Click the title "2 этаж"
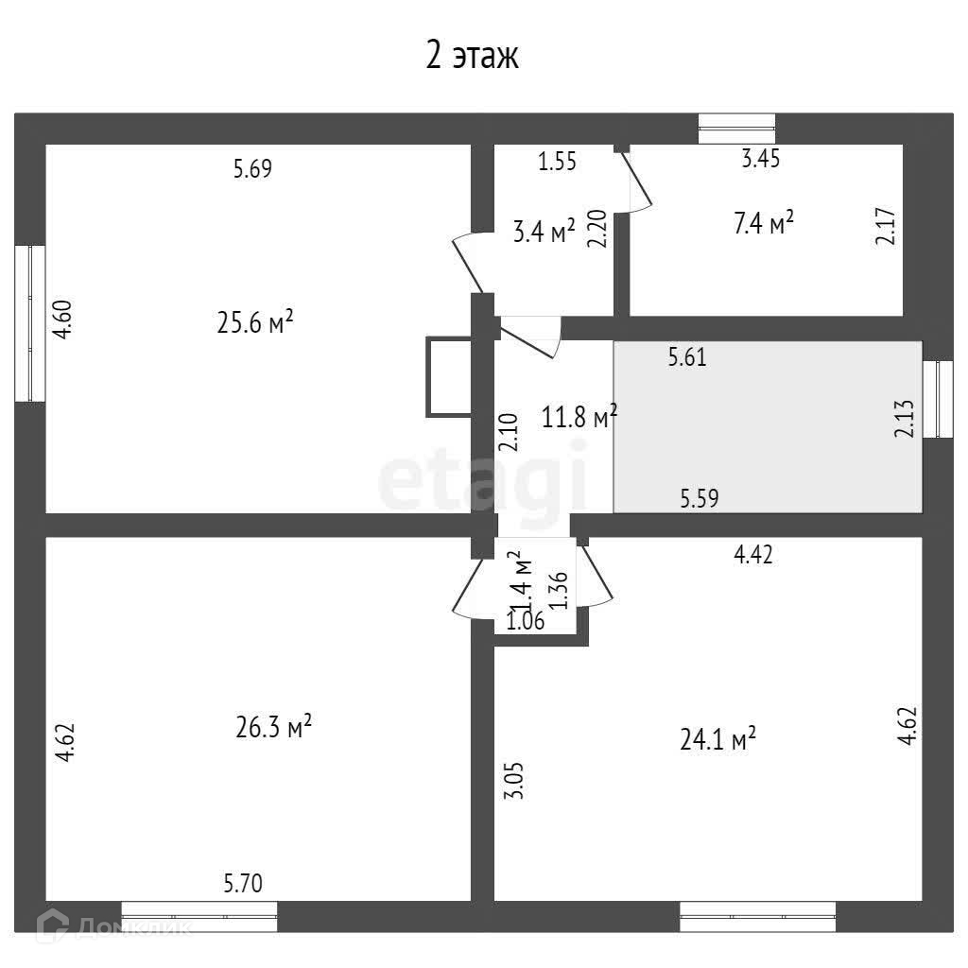[472, 57]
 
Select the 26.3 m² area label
[273, 728]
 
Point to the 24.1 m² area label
[717, 738]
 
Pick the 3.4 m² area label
[544, 231]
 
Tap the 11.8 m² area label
[579, 416]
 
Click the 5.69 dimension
[252, 170]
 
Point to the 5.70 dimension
[243, 884]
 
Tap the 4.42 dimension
[753, 556]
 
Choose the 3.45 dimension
[760, 160]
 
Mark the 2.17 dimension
[885, 227]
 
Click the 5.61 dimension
[687, 357]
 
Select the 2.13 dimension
[905, 416]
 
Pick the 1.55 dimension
[557, 162]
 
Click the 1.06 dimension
[526, 621]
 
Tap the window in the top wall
[736, 129]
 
